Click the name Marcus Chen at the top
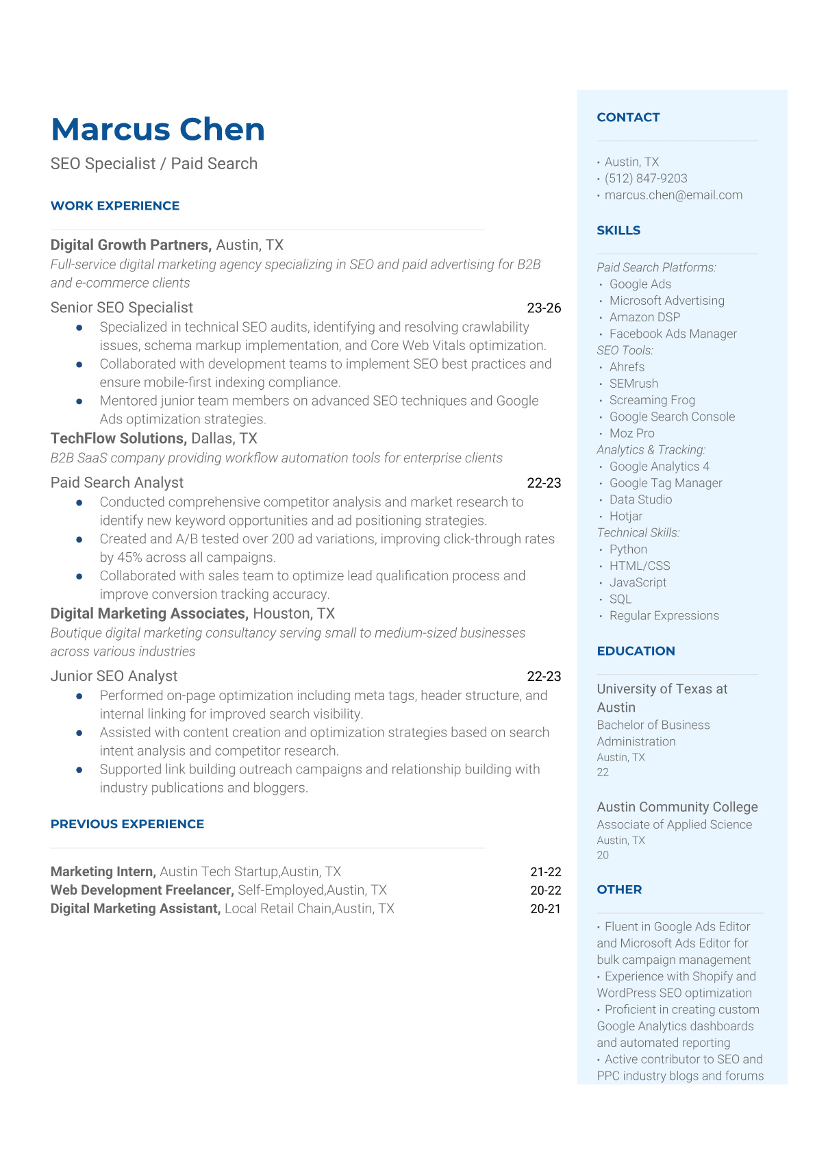[x=158, y=129]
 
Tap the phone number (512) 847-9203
[x=646, y=178]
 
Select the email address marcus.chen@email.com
[x=673, y=195]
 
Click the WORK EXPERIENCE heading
[x=115, y=206]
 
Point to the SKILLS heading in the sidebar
[x=618, y=230]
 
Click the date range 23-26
[x=544, y=308]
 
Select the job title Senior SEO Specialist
[x=122, y=308]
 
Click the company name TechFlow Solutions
[x=117, y=438]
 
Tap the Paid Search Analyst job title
[x=117, y=483]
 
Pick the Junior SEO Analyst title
[x=114, y=676]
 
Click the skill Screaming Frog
[x=652, y=400]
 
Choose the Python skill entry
[x=628, y=549]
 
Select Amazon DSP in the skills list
[x=644, y=317]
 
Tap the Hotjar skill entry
[x=626, y=517]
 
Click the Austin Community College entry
[x=677, y=807]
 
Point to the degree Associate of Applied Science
[x=674, y=825]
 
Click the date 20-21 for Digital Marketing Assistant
[x=545, y=909]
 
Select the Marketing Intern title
[x=102, y=872]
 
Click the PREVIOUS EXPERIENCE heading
[x=127, y=824]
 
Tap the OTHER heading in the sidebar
[x=619, y=890]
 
